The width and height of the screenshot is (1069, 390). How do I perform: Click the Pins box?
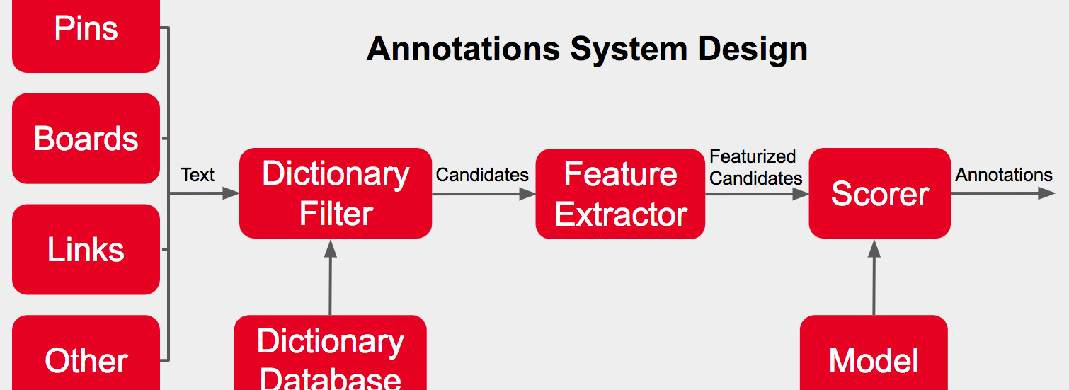point(86,36)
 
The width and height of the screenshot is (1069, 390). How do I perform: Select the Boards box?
point(86,139)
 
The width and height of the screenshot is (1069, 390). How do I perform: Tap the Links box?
point(86,249)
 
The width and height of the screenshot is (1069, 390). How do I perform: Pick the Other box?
point(86,352)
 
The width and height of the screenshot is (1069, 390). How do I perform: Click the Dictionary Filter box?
point(336,193)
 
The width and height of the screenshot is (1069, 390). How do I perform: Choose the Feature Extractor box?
point(620,194)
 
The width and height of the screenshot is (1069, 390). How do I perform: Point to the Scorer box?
point(879,193)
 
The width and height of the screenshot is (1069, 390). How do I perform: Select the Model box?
point(874,352)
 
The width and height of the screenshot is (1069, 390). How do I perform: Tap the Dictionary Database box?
point(330,352)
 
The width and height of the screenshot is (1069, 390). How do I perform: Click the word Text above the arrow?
point(198,175)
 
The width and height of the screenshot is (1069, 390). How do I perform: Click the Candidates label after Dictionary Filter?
point(482,176)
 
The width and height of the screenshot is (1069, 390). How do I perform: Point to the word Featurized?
point(753,156)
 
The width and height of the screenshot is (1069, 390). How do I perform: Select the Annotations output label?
point(1004,175)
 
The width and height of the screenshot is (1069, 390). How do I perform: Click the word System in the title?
point(629,50)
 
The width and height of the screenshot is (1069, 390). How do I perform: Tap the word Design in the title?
point(753,50)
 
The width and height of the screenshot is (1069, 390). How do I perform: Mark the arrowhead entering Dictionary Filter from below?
point(330,248)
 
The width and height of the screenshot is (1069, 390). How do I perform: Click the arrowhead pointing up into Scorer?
point(874,248)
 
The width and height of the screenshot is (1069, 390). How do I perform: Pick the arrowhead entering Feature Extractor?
point(527,194)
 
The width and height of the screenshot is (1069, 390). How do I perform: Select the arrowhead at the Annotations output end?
point(1046,193)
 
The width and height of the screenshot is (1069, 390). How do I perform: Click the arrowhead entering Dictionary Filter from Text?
point(231,193)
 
